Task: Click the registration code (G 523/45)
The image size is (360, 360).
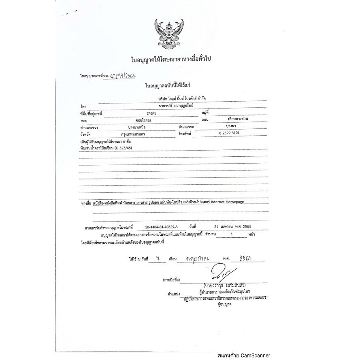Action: tap(126, 149)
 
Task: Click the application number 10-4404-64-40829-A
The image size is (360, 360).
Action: tap(164, 228)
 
